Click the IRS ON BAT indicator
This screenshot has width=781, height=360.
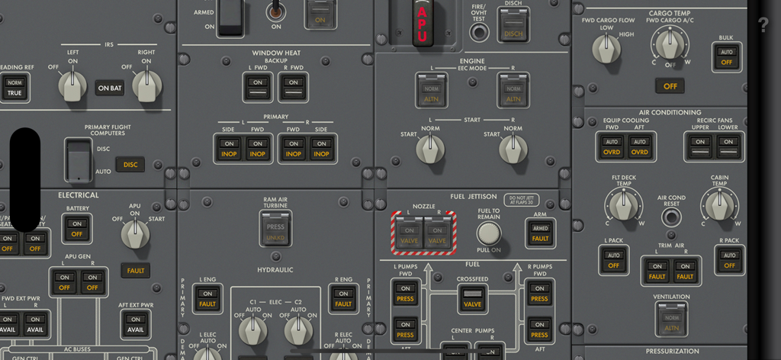click(110, 88)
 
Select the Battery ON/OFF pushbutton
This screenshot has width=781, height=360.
click(76, 230)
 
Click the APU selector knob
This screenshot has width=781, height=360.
click(136, 234)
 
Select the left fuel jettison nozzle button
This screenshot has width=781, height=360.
click(410, 235)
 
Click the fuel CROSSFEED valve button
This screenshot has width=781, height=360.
click(472, 298)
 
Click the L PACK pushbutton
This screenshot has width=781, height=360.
click(612, 260)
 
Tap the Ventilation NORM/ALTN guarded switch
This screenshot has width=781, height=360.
click(671, 322)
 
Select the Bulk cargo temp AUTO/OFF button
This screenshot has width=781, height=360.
click(727, 57)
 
